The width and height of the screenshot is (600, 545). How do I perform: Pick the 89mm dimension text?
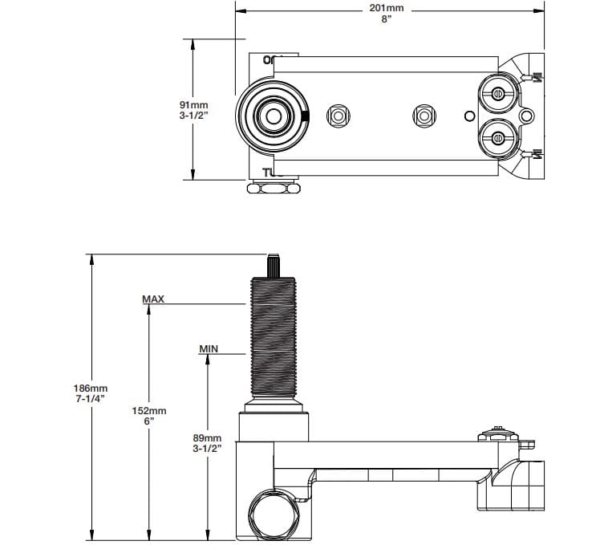(x=207, y=437)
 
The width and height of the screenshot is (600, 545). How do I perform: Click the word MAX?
(x=153, y=299)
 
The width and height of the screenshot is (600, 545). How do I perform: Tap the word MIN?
(x=209, y=349)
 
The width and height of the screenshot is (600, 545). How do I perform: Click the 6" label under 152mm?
(x=149, y=421)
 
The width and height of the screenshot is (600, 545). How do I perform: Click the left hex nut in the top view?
(x=338, y=116)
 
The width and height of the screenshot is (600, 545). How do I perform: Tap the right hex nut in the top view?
(x=423, y=116)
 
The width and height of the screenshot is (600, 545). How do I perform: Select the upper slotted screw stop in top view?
(x=497, y=93)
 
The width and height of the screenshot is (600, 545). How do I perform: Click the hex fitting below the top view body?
(x=274, y=189)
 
